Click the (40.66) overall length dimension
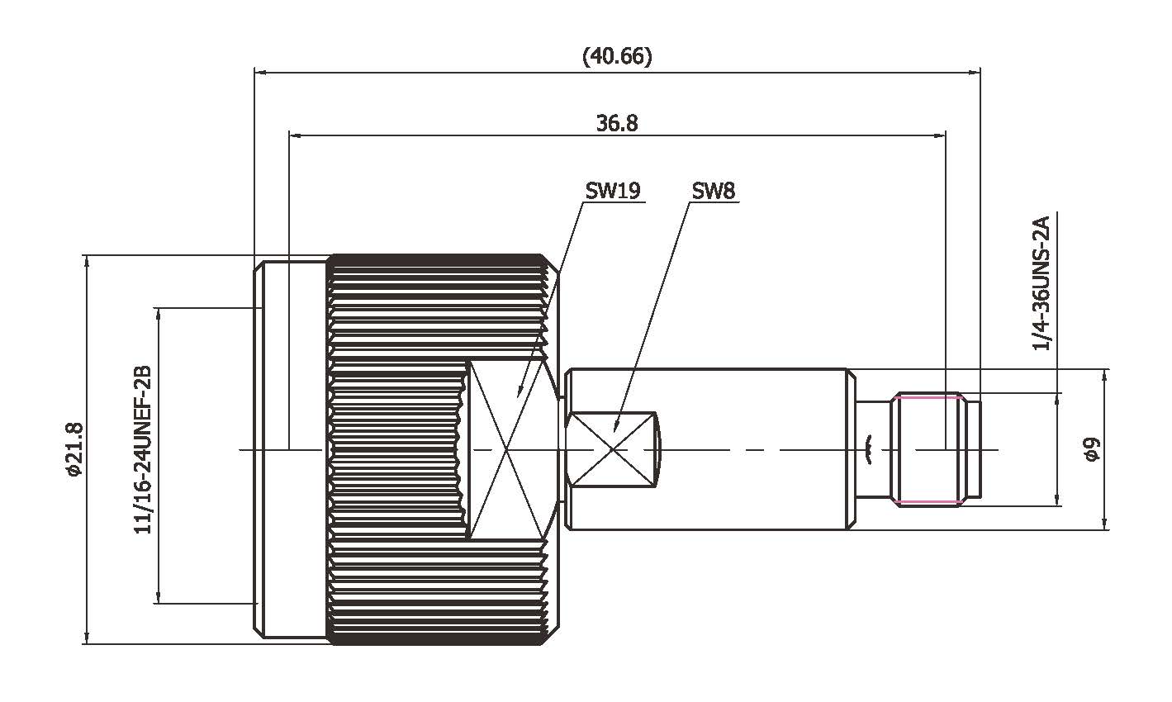click(617, 56)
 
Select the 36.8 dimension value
click(617, 123)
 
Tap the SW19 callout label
click(613, 191)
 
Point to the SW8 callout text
click(713, 191)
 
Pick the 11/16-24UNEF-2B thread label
click(143, 450)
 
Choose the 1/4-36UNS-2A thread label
click(1042, 282)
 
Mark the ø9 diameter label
click(1092, 450)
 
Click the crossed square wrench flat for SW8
click(611, 449)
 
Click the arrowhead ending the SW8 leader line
click(617, 428)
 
